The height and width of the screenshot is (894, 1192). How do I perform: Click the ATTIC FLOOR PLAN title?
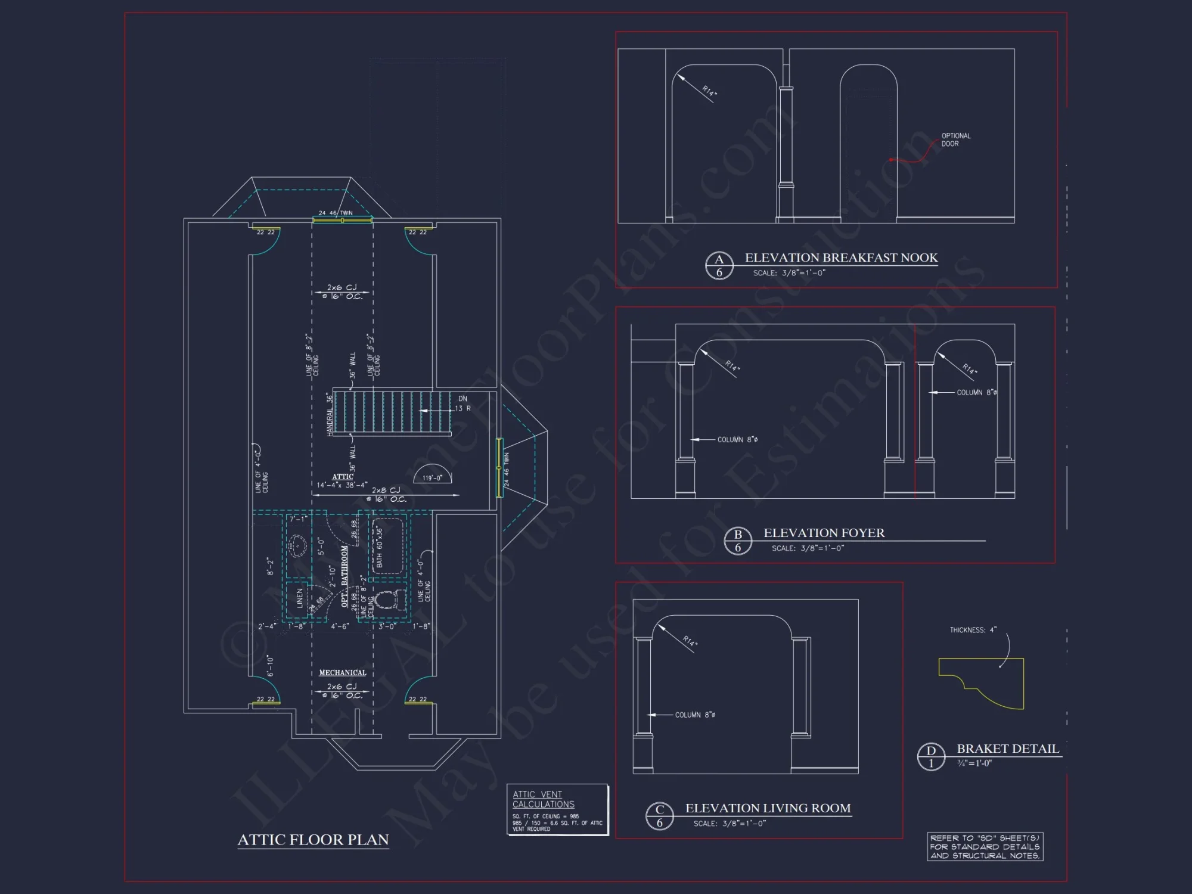pos(313,840)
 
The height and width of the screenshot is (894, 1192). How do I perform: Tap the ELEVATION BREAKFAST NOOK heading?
pos(840,257)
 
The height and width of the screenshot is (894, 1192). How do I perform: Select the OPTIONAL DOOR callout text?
pos(955,139)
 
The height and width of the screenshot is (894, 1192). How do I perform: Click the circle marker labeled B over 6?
pos(738,541)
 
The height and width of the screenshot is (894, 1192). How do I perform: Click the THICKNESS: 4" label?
pos(973,630)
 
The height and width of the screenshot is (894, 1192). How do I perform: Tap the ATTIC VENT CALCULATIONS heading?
pos(543,799)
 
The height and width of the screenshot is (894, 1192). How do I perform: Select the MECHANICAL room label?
pos(342,672)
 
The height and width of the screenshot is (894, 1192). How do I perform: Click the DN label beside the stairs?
pos(462,399)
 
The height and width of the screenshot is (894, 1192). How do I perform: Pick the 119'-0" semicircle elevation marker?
pos(432,475)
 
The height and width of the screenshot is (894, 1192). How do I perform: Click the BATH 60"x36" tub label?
pos(380,547)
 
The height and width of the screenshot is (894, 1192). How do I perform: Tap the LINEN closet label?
pos(299,600)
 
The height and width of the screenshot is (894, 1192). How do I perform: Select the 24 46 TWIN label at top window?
pos(335,213)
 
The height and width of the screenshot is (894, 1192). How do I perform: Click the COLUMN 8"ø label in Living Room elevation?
pos(695,715)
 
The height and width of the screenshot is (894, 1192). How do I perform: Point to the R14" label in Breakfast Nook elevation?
pos(709,91)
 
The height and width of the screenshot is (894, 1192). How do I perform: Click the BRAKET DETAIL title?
pos(1007,749)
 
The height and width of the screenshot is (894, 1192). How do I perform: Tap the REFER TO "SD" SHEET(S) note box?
pos(985,846)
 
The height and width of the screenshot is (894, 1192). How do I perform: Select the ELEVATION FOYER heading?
pos(824,533)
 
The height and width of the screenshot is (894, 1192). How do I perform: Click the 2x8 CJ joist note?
pos(386,491)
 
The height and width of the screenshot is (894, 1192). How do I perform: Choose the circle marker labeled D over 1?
pos(931,756)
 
